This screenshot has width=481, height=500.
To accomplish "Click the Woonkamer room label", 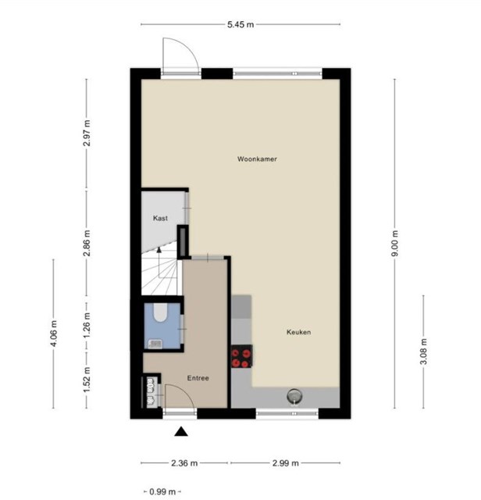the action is pos(257,159).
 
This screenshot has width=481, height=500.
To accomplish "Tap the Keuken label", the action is pos(298,332).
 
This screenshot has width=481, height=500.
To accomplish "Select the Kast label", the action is pos(160,218).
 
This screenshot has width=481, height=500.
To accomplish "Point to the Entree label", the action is pos(198,378).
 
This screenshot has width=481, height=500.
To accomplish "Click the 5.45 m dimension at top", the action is pos(241,24).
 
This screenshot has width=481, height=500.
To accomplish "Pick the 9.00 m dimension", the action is pos(395,243).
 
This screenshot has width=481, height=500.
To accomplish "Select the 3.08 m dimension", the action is pos(424,352).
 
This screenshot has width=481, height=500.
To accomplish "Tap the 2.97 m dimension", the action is pos(87,133).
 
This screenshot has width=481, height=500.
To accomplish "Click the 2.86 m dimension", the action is pos(87,243).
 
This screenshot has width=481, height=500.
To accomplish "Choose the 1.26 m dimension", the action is pos(87,325).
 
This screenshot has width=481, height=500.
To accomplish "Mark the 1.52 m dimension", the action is pos(87,380).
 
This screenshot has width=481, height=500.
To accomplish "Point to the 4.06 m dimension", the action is pos(53,334).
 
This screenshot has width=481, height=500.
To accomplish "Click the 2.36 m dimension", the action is pos(184,463).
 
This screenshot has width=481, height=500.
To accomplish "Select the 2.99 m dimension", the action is pos(286,463).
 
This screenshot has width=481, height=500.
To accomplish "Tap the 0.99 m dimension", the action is pos(162,491).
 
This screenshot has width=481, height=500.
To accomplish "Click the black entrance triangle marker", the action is pos(181,431).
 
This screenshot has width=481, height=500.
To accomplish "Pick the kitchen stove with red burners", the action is pos(241,356).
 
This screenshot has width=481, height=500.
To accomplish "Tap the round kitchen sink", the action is pos(294,396).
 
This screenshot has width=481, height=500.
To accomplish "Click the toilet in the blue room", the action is pos(160,312).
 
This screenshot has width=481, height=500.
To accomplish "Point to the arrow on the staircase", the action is pos(159,262).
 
